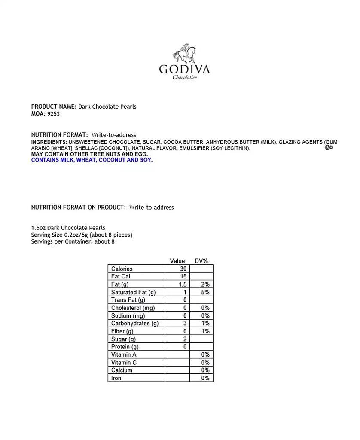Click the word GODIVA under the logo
click(184, 69)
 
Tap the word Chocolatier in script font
click(185, 78)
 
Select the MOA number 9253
click(53, 114)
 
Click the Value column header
click(177, 261)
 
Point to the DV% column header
click(201, 261)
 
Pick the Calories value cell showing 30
click(177, 269)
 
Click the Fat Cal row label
click(120, 276)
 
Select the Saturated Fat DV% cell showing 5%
click(201, 292)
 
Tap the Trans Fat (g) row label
click(128, 300)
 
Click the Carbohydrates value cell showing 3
click(177, 324)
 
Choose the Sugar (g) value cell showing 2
click(177, 339)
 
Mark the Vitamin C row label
click(124, 363)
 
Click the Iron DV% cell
click(201, 378)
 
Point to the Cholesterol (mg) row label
click(133, 308)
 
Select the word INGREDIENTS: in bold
click(49, 142)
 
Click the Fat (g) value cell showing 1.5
click(177, 284)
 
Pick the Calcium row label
click(122, 370)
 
